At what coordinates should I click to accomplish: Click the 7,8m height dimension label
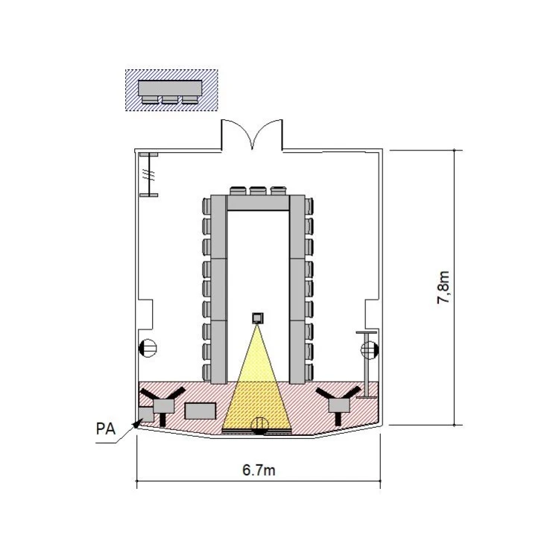click(443, 288)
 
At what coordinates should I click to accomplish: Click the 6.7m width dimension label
click(259, 470)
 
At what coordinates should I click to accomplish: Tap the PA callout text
click(106, 429)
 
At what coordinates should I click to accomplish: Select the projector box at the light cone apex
click(258, 318)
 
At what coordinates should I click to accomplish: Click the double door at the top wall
click(252, 135)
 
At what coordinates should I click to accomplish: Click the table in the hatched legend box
click(170, 88)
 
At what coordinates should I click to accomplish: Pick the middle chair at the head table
click(258, 191)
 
